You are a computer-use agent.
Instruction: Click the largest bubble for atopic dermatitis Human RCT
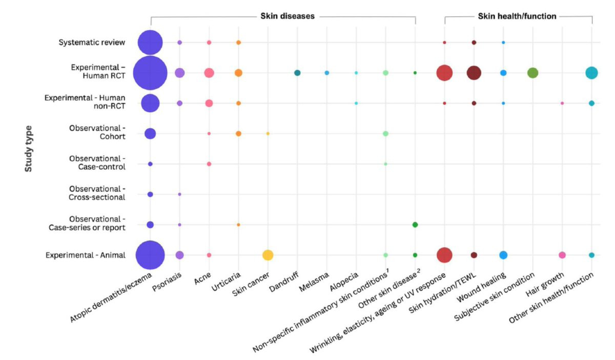tap(150, 73)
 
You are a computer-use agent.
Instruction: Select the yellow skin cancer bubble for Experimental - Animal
tap(268, 255)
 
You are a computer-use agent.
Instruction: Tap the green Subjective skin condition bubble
tap(533, 73)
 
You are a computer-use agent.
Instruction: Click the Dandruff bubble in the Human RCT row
tap(297, 73)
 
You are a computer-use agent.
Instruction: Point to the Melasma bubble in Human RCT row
tap(327, 73)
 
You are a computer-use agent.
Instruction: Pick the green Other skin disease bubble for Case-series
tap(415, 225)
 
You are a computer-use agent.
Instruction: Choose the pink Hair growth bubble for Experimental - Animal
tap(562, 255)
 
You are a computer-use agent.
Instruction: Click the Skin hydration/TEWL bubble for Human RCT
tap(474, 73)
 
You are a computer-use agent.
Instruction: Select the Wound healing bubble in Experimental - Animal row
tap(503, 255)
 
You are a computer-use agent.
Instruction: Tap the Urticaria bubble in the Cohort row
tap(238, 134)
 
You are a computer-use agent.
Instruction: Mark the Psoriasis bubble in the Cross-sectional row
tap(179, 194)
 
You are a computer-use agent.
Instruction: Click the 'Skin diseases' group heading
tap(284, 16)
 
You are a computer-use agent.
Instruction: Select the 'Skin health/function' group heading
tap(517, 16)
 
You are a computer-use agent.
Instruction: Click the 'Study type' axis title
tap(30, 149)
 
